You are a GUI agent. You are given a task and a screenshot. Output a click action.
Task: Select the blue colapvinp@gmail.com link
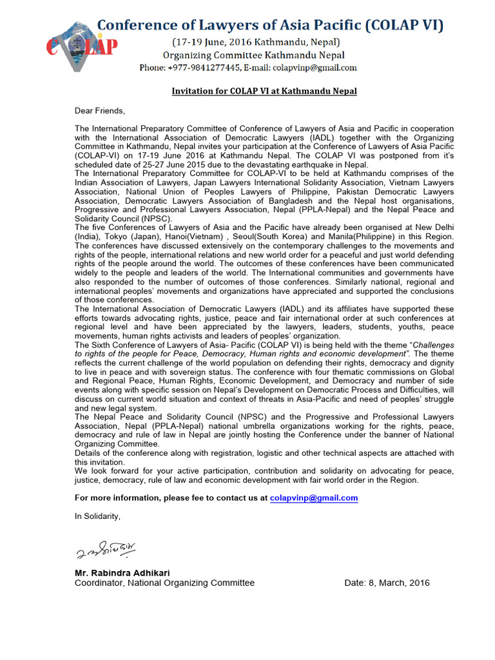pyautogui.click(x=314, y=498)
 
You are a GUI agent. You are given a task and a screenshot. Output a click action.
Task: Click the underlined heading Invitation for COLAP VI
pyautogui.click(x=264, y=92)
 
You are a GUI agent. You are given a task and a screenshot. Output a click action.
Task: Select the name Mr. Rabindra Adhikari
pyautogui.click(x=122, y=573)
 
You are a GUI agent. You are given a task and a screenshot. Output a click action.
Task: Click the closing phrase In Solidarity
pyautogui.click(x=97, y=516)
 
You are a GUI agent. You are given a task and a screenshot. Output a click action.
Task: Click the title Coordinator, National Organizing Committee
pyautogui.click(x=164, y=583)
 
